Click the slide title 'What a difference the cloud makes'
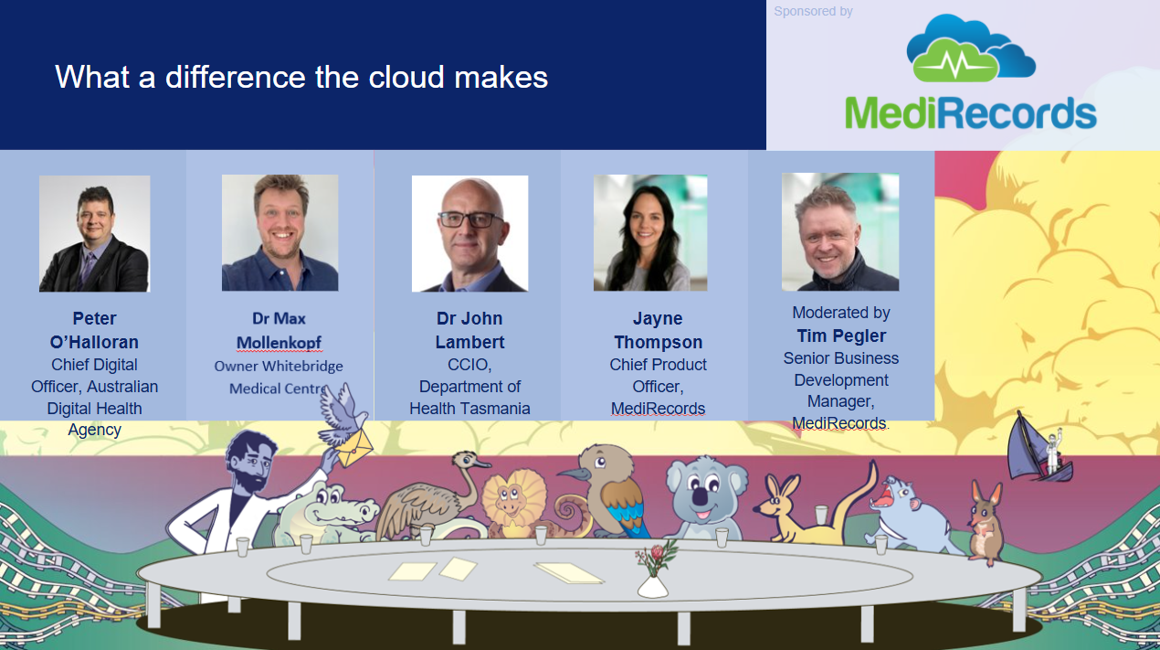(x=301, y=77)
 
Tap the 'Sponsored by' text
(x=813, y=11)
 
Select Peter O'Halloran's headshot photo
(x=95, y=234)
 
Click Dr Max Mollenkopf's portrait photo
(x=280, y=233)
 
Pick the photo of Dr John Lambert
(x=469, y=234)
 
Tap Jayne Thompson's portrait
(x=650, y=233)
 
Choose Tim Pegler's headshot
(x=840, y=231)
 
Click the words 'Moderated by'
(x=841, y=313)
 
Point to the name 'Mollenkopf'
(x=279, y=343)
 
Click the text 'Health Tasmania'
(x=469, y=409)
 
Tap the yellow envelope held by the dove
(x=353, y=447)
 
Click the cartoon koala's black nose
(x=701, y=497)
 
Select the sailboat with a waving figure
(x=1039, y=450)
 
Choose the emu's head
(x=469, y=460)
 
